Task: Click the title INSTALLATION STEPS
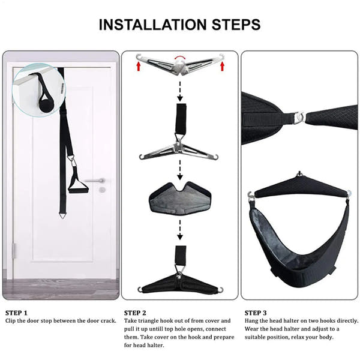[179, 25]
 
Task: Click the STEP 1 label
[17, 313]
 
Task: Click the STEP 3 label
[257, 313]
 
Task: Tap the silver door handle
[95, 180]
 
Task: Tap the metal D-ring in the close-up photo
[297, 116]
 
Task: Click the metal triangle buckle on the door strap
[71, 161]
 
